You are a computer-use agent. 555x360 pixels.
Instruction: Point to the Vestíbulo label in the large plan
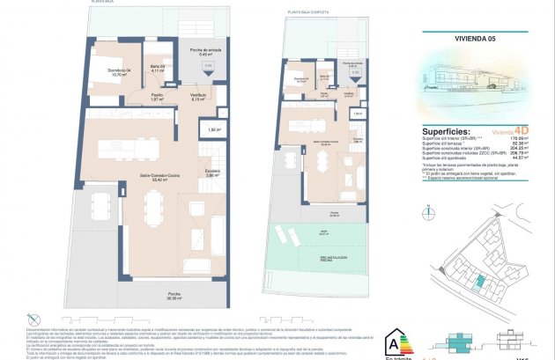198,97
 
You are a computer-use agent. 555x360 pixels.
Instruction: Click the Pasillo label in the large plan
156,97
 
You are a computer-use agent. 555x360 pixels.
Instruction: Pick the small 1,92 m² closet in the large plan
213,129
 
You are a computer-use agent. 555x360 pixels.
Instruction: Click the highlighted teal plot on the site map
479,281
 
